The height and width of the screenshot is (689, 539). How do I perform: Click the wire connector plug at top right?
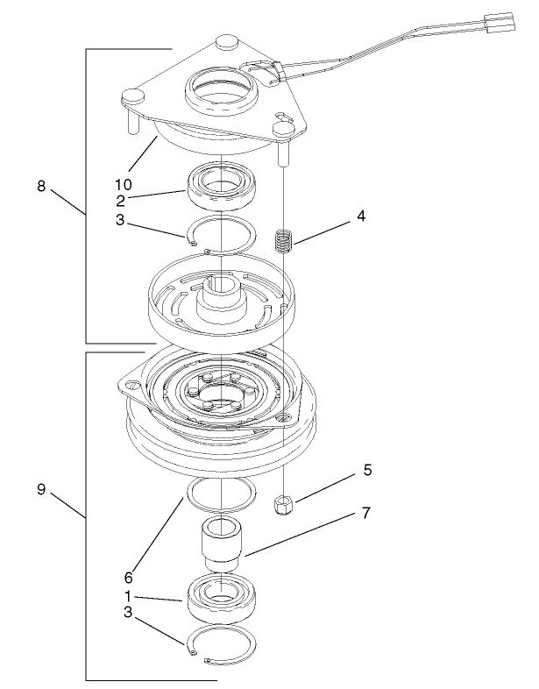(497, 23)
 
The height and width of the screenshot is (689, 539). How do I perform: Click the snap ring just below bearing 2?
(223, 236)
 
